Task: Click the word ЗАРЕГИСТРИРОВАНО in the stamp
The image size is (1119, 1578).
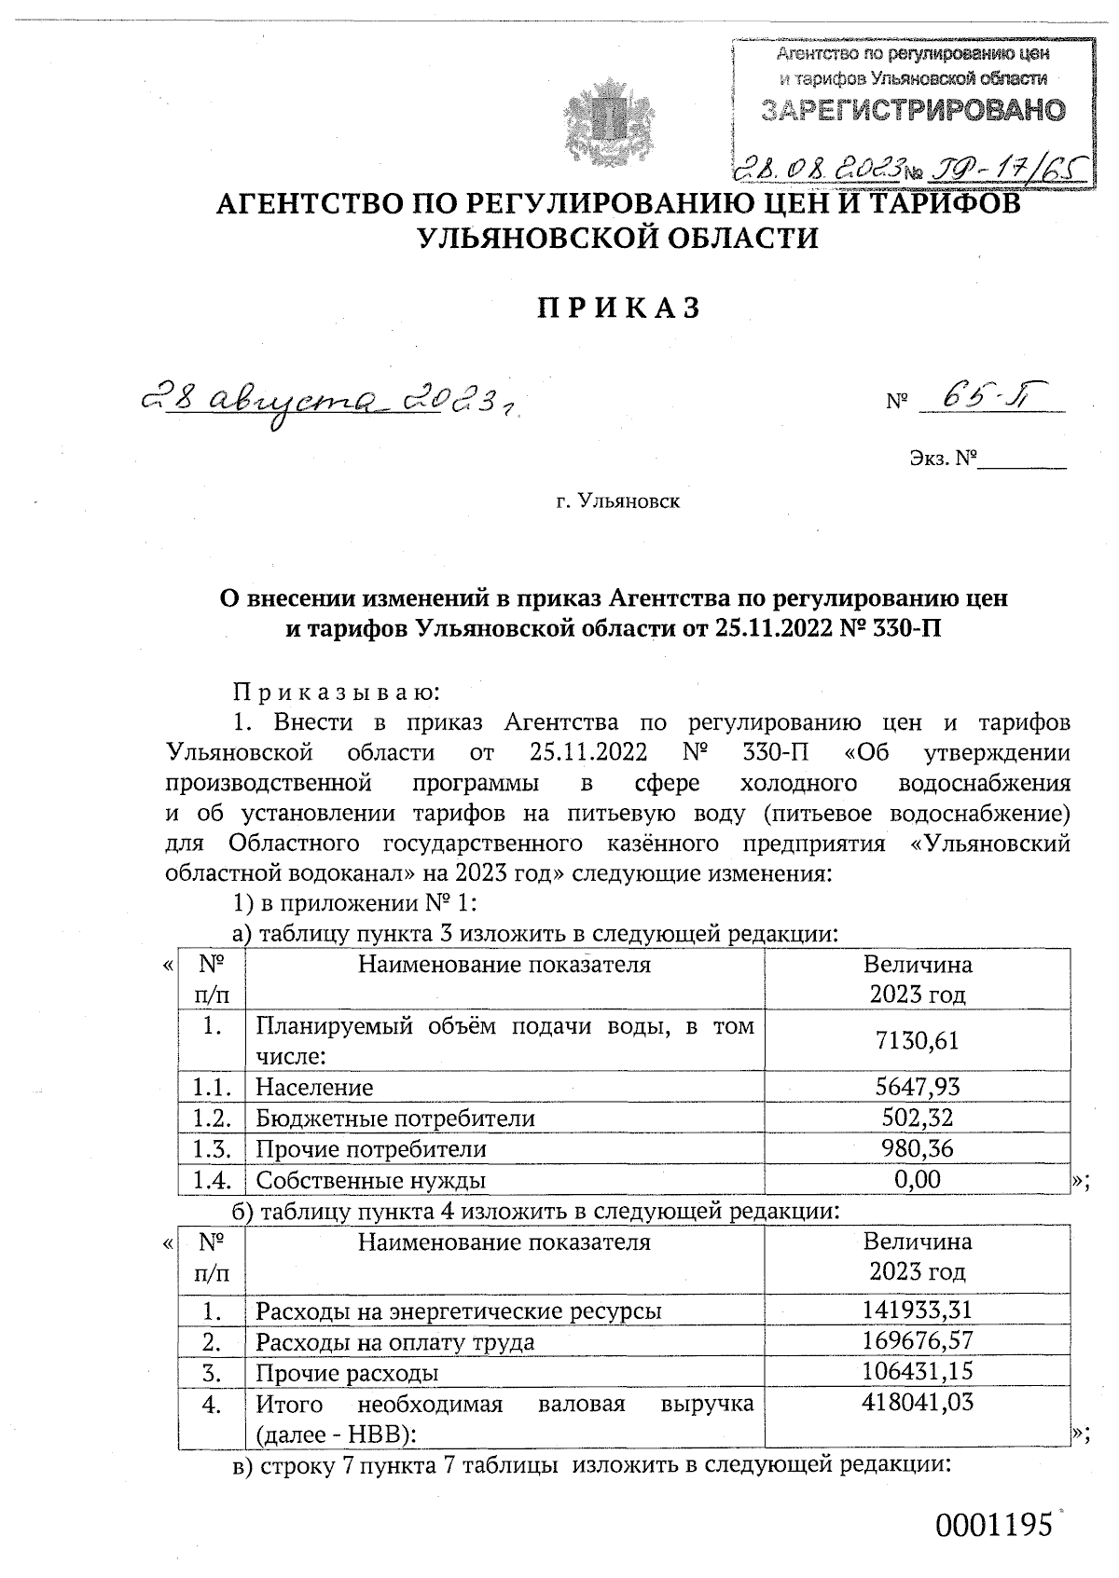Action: tap(913, 110)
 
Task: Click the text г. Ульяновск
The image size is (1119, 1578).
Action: tap(618, 502)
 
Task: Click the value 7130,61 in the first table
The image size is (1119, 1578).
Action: tap(917, 1040)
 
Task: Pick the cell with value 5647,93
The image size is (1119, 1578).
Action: tap(917, 1087)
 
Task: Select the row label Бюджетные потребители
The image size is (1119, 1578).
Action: tap(395, 1118)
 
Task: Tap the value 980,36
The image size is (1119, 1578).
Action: tap(917, 1148)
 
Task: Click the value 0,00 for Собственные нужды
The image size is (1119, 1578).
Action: tap(917, 1179)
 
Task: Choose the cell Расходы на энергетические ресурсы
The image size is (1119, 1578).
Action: tap(459, 1311)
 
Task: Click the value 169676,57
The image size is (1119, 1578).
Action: tap(917, 1342)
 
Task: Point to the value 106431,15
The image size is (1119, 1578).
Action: tap(917, 1372)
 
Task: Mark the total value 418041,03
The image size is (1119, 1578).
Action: tap(917, 1403)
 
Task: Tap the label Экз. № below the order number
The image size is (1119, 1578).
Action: tap(943, 459)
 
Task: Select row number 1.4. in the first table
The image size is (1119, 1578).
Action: tap(212, 1180)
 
